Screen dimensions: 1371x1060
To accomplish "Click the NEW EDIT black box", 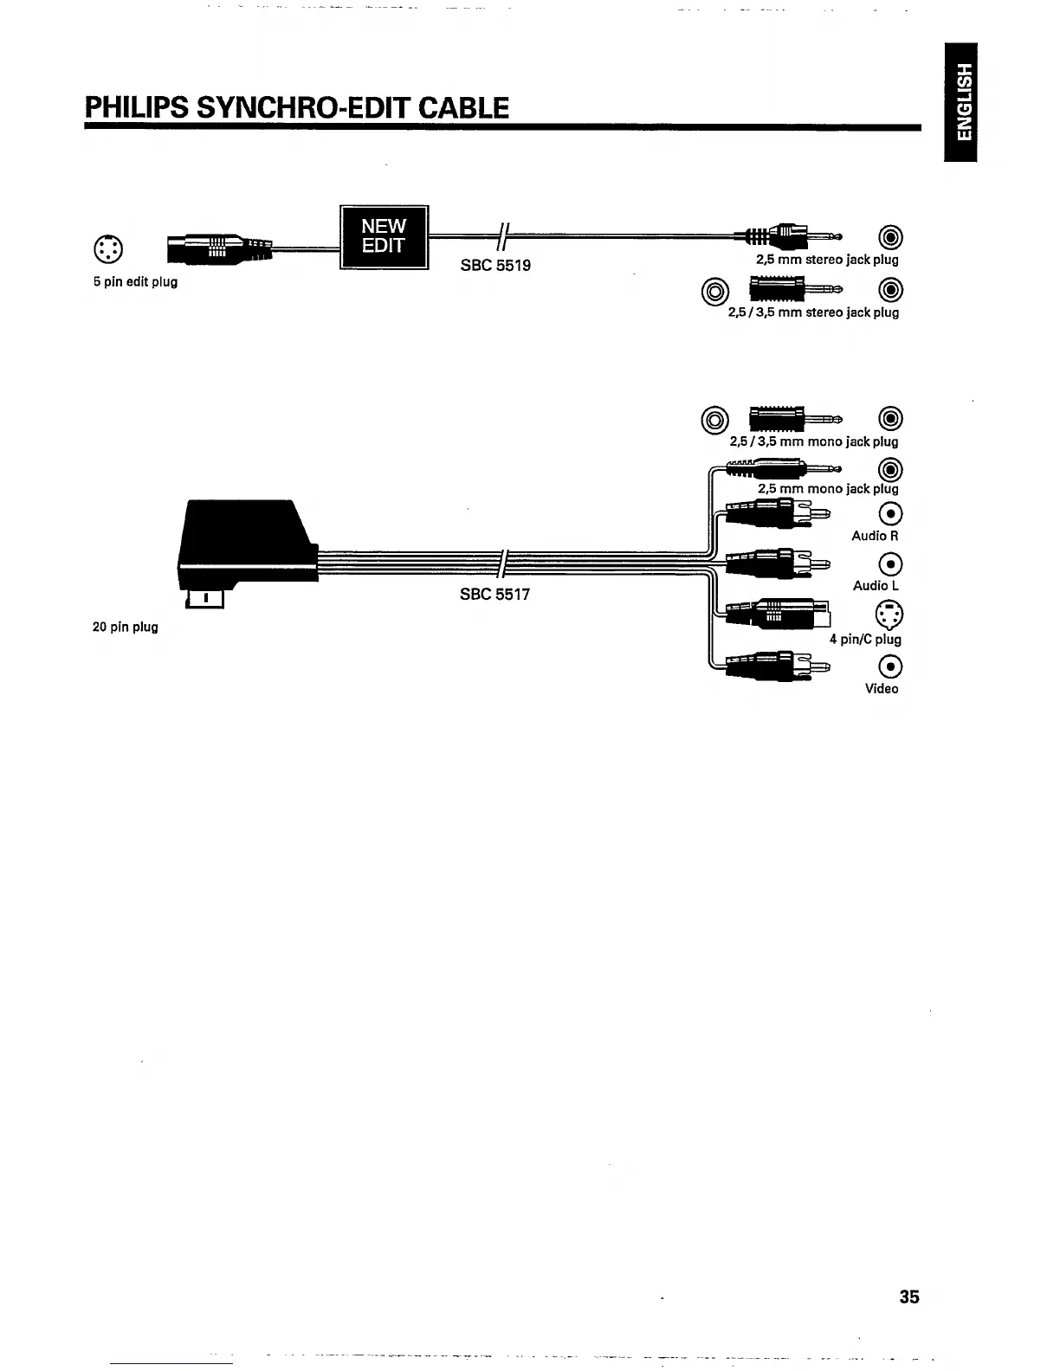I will (x=384, y=236).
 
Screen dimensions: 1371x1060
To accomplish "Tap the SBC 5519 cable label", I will (x=495, y=266).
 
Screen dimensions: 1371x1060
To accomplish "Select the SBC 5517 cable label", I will (x=494, y=595).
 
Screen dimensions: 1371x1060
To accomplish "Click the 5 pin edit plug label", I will (x=135, y=281).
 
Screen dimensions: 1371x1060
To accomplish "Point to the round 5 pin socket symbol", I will (x=108, y=249).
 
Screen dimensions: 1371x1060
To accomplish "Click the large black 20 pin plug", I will (x=246, y=545).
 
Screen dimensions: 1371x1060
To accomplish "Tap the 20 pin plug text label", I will (x=126, y=627).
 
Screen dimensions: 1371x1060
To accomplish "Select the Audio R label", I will (x=875, y=536).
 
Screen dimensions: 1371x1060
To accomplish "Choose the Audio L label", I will (x=876, y=586).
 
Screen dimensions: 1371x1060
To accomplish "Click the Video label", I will (x=882, y=689).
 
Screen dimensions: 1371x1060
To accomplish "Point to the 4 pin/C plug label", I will (x=865, y=640).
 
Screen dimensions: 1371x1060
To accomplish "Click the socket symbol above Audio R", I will (x=890, y=514).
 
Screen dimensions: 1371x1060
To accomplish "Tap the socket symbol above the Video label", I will (x=890, y=666).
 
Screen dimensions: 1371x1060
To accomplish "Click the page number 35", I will (x=909, y=1297).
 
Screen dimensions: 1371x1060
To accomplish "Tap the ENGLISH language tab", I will (x=961, y=101).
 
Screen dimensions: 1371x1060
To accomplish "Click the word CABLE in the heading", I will (x=463, y=108).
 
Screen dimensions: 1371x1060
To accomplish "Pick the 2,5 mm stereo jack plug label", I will (x=827, y=260).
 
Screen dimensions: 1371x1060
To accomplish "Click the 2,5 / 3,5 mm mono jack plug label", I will (x=814, y=441).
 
